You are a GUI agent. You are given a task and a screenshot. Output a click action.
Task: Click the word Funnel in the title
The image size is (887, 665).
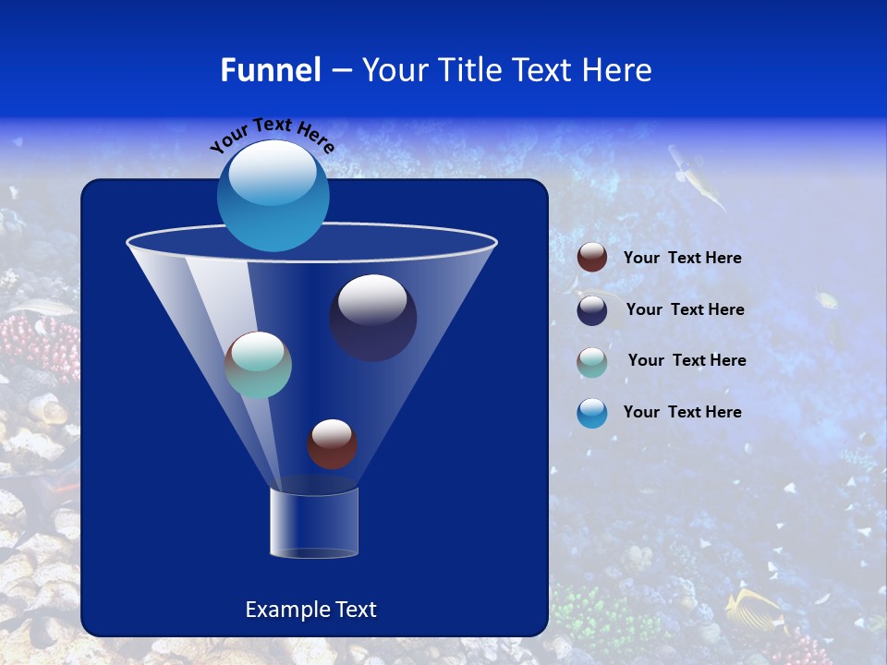tap(271, 70)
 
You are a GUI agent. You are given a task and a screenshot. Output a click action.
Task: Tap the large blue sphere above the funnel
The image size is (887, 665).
tap(273, 195)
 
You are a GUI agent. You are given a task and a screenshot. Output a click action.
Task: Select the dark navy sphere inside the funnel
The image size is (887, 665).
tap(373, 317)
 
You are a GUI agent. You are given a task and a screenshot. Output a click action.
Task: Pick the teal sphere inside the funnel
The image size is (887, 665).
tap(259, 365)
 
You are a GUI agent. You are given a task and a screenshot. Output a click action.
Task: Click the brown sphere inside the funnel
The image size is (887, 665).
tap(332, 443)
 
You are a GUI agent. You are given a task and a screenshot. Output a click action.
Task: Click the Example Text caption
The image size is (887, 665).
tap(310, 610)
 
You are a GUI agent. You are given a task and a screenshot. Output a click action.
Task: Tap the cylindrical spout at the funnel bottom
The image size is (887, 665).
tap(314, 523)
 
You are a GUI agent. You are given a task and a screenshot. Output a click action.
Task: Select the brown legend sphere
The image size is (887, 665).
tap(592, 258)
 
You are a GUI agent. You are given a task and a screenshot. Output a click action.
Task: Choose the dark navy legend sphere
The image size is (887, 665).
tap(592, 310)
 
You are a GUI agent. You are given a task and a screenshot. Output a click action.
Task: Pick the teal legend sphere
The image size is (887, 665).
tap(592, 361)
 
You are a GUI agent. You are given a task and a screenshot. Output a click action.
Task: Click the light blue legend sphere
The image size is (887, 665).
tap(592, 413)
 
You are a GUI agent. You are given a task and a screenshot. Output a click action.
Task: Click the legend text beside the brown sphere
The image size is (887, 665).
tap(682, 259)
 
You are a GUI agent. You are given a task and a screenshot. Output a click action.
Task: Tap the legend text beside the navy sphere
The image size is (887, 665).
tap(685, 310)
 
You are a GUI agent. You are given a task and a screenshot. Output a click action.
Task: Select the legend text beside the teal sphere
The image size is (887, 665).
tap(687, 361)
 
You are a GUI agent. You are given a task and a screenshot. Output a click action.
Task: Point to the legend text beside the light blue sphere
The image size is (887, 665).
tap(682, 413)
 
